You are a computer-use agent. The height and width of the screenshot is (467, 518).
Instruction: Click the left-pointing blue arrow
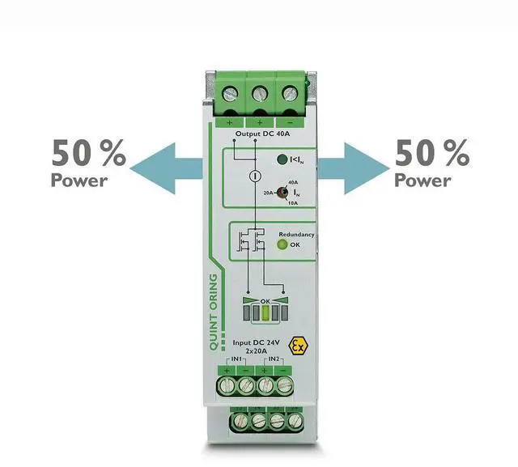pos(166,168)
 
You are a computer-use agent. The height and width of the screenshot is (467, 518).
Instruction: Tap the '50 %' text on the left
pos(89,152)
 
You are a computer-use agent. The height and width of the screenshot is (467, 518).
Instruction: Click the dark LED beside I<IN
pos(282,159)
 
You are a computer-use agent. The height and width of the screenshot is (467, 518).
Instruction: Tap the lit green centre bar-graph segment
pos(262,311)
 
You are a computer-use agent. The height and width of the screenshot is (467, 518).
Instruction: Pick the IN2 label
pos(273,358)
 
